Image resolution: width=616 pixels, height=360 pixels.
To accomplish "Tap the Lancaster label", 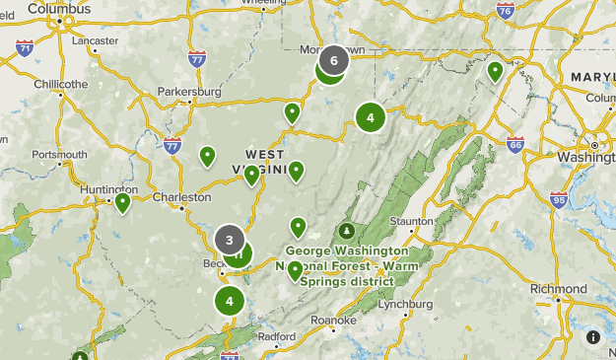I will [x=96, y=40].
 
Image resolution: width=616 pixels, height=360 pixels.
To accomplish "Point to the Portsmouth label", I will [x=59, y=154].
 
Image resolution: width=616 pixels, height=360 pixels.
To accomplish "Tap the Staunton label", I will [x=412, y=221].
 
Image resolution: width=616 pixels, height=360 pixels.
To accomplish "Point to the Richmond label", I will [x=558, y=289].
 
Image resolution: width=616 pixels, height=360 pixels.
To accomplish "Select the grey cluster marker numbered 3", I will [x=230, y=239].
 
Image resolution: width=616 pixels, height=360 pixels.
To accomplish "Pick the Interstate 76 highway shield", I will [x=505, y=11].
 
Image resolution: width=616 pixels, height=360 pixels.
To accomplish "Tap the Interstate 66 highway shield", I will [x=514, y=144].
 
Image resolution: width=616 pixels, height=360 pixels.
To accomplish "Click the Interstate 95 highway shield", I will [x=559, y=200].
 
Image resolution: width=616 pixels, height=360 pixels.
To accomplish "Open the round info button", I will [x=593, y=337].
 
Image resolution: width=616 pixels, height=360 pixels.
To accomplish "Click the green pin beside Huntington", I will [x=123, y=202].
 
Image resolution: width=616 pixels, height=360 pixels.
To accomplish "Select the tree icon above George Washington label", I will [x=346, y=231].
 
